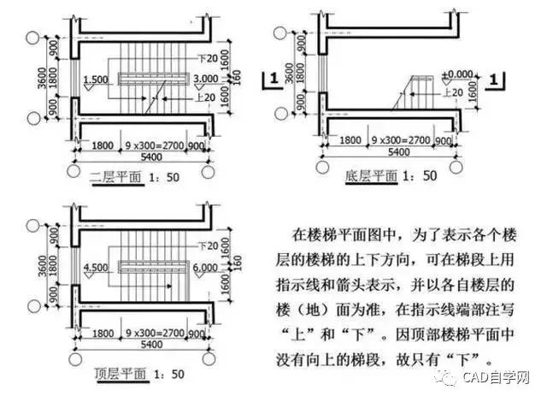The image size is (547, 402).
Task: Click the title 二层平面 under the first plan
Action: point(110,178)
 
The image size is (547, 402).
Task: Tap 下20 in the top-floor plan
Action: point(205,246)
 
